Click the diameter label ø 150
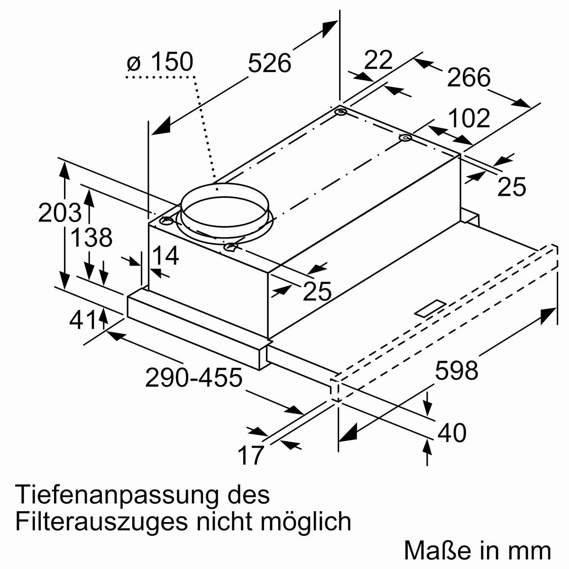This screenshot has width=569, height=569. coord(160,63)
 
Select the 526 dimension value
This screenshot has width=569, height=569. coord(269,63)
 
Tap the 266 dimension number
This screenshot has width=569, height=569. coord(468,77)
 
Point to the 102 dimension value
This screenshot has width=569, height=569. coord(468,119)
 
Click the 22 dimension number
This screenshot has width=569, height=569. coord(379,60)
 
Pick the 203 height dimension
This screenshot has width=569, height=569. coord(59,213)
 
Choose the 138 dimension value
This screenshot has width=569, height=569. coord(91,238)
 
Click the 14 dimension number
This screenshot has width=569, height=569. coord(165,256)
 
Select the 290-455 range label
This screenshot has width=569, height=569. coord(193,378)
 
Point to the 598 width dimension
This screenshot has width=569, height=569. coord(456,370)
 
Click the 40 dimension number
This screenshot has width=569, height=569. coord(451,433)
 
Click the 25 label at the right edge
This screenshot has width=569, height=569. coord(512,186)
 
